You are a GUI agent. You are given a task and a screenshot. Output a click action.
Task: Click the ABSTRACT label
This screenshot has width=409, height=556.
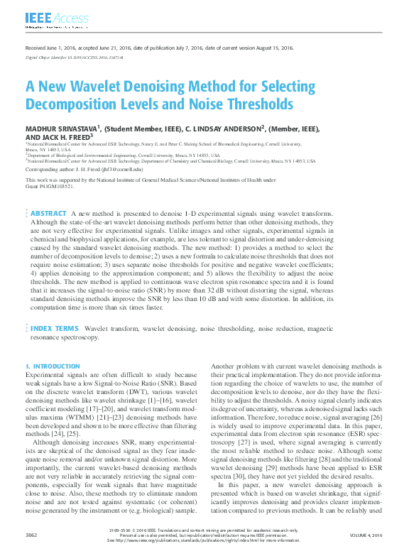48,213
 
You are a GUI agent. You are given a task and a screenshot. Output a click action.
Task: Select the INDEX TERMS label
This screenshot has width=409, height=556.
54,329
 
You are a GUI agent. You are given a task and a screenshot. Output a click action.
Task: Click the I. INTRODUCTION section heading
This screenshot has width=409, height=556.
53,366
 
